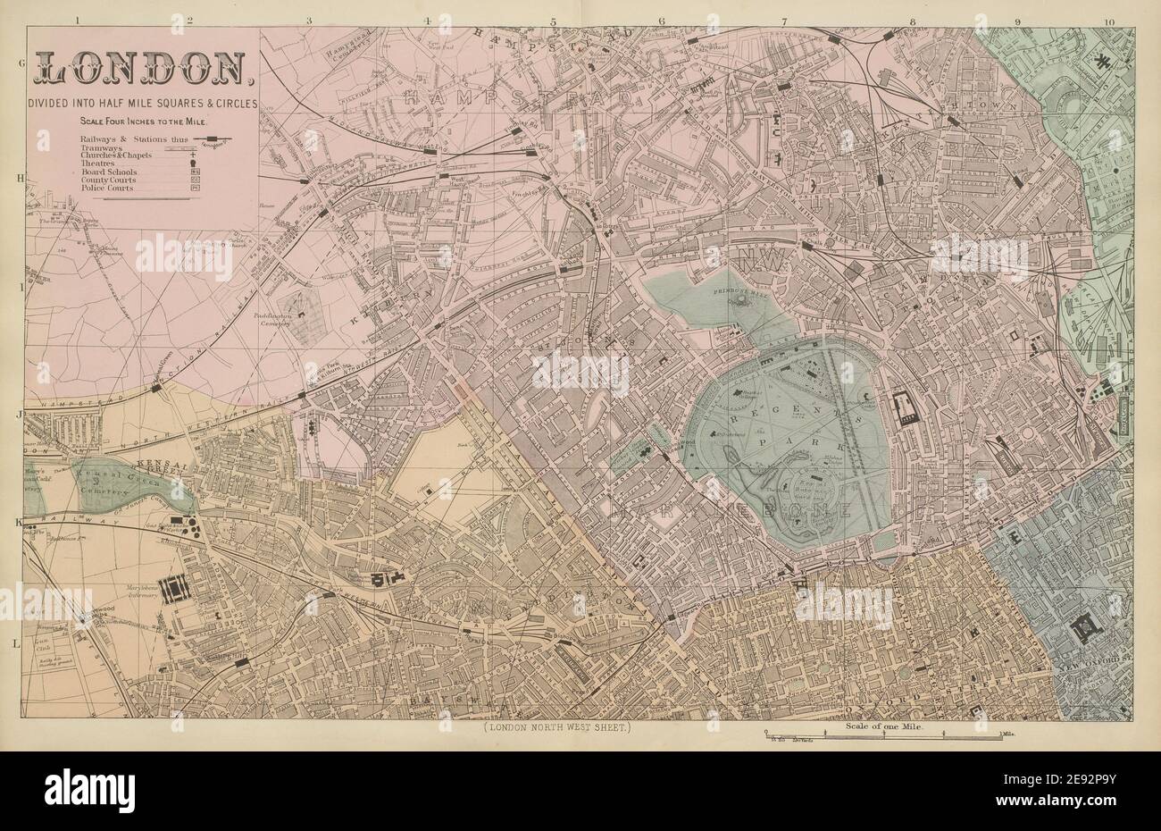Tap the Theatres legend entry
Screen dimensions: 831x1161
100,164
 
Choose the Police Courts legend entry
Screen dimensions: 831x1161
107,189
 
